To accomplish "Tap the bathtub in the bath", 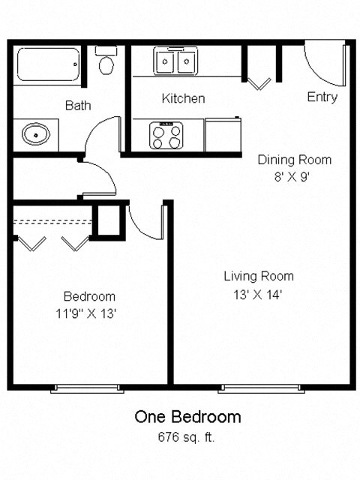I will (49, 64).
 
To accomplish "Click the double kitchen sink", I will (175, 59).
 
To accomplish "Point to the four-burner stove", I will (166, 135).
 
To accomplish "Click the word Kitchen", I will (183, 98).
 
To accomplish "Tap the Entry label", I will (322, 97).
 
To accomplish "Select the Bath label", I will (78, 106).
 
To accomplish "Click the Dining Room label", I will (294, 160).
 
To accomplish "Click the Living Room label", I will (258, 276).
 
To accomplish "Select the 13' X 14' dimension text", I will (258, 295).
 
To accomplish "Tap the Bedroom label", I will (88, 296).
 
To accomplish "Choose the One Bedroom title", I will (187, 416).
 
